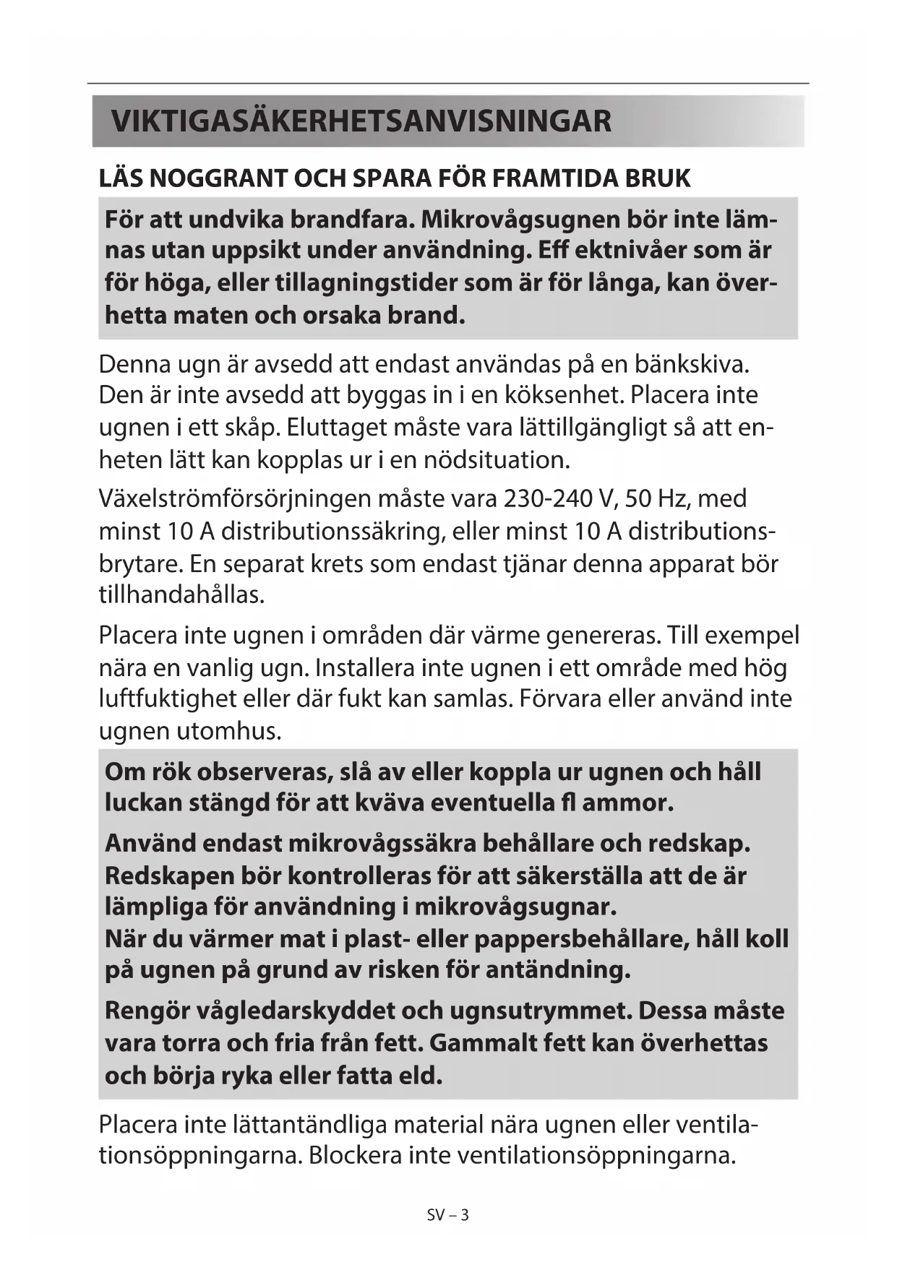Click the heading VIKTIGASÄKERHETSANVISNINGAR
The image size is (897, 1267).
tap(361, 121)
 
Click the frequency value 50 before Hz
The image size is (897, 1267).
tap(638, 498)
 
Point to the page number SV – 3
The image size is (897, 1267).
tap(448, 1215)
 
